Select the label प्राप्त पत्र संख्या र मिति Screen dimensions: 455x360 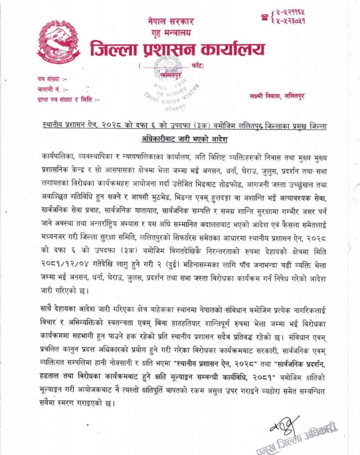(x=68, y=100)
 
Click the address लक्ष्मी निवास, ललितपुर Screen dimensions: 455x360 (x=277, y=96)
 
